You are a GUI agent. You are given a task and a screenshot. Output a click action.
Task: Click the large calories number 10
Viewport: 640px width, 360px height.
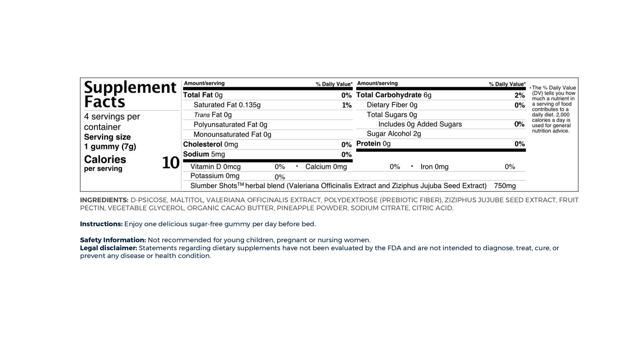click(171, 163)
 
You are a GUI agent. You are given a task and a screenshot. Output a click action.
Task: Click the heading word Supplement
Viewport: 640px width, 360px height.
click(130, 87)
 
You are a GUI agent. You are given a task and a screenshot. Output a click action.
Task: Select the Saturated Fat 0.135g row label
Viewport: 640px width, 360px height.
click(227, 105)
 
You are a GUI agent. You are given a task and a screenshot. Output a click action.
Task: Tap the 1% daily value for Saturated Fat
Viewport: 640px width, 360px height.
click(346, 105)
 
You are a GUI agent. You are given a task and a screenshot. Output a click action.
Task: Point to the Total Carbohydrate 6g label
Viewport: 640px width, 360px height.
click(393, 95)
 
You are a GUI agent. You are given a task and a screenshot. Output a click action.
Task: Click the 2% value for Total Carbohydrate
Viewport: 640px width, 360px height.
click(519, 96)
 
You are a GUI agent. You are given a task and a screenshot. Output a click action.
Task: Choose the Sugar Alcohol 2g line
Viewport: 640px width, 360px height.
click(394, 134)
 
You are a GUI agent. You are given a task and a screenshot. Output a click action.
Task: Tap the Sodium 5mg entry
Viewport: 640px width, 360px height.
click(204, 154)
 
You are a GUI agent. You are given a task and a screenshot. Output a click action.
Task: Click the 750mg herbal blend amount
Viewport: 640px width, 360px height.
click(504, 186)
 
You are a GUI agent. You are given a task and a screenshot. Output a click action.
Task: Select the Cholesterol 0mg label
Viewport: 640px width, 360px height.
click(210, 144)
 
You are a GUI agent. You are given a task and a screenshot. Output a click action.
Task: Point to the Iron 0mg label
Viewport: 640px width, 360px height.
click(434, 167)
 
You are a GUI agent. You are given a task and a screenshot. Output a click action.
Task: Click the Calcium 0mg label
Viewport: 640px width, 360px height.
click(326, 167)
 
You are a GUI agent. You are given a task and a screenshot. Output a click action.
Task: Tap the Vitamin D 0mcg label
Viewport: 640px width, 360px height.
click(215, 167)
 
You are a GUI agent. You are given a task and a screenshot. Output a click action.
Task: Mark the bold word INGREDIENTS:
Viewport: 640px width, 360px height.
click(104, 200)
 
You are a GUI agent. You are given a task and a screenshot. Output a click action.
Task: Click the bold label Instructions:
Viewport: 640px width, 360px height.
click(101, 224)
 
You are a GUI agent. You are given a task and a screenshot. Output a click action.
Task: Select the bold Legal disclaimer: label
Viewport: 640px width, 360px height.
click(109, 248)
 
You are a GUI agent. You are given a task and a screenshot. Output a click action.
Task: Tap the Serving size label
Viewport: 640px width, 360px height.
click(107, 137)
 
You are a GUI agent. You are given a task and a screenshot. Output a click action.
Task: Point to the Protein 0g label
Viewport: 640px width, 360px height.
click(373, 143)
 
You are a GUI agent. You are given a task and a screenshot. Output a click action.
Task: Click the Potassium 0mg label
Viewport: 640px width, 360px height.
click(215, 176)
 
